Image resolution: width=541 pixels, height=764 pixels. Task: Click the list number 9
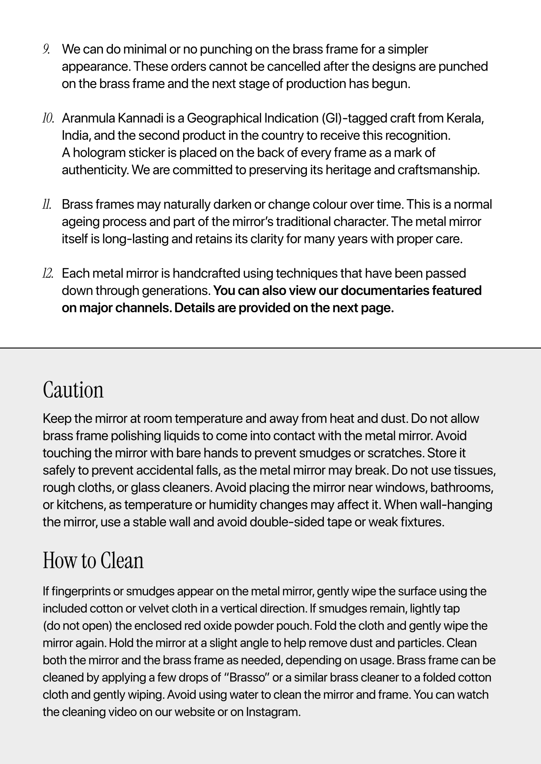pyautogui.click(x=46, y=49)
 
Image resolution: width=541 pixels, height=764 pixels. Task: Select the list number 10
pyautogui.click(x=48, y=118)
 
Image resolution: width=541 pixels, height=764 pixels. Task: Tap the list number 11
pyautogui.click(x=47, y=205)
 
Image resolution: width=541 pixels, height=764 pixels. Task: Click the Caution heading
pyautogui.click(x=73, y=389)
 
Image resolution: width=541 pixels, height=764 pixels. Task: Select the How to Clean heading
pyautogui.click(x=93, y=560)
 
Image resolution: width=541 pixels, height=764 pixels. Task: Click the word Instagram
pyautogui.click(x=273, y=712)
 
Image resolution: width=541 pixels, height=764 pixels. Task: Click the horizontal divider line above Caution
pyautogui.click(x=270, y=348)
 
